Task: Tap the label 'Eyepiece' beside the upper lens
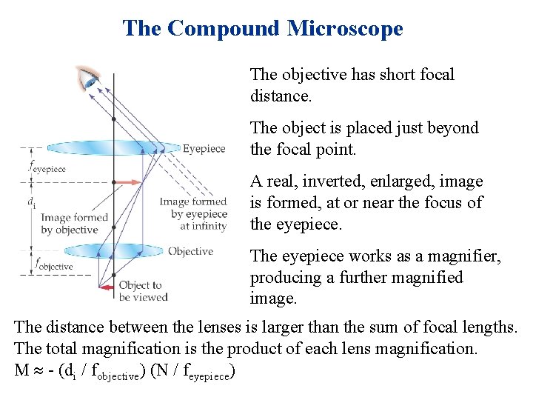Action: point(204,149)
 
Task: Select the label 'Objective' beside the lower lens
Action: point(190,252)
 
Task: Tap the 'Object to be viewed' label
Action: point(140,291)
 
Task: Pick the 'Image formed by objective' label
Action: point(74,224)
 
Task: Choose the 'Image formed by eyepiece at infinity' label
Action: point(193,214)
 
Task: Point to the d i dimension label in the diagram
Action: point(31,201)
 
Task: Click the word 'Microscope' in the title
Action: point(345,28)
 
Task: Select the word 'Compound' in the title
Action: point(224,28)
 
